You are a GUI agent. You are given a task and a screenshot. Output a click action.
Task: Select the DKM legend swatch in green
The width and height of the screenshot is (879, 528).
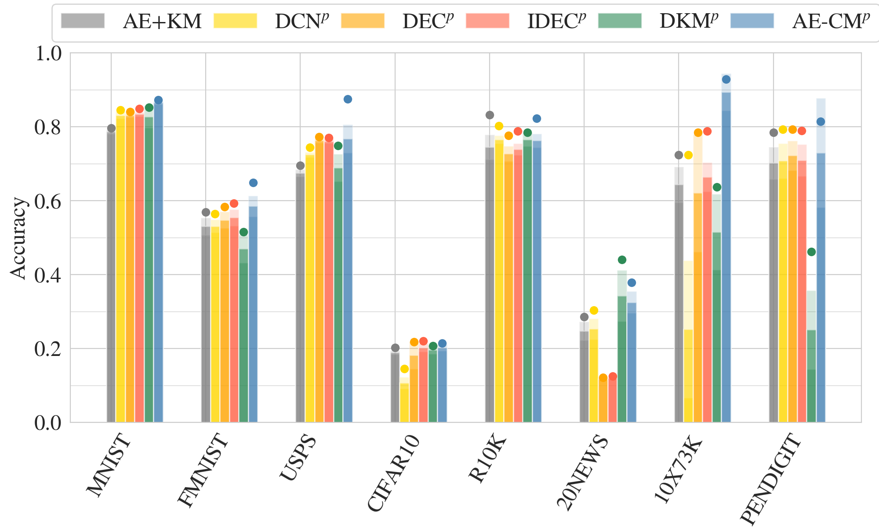point(620,21)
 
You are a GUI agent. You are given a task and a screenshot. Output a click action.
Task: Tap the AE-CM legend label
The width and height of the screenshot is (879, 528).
point(831,21)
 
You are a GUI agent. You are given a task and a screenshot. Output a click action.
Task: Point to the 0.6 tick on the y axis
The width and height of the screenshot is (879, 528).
point(48,201)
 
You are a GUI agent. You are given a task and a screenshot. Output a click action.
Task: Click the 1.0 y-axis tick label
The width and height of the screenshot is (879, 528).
point(48,53)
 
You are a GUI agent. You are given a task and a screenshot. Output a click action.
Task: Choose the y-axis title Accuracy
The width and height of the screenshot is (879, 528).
point(18,238)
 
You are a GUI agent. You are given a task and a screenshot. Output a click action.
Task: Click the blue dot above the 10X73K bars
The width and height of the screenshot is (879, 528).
point(726,79)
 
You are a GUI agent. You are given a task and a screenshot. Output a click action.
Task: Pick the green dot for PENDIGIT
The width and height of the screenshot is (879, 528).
point(811,252)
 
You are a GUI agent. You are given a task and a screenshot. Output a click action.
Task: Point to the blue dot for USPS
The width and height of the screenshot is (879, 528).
point(348,99)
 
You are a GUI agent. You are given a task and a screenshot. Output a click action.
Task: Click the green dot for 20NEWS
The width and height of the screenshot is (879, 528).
point(622,260)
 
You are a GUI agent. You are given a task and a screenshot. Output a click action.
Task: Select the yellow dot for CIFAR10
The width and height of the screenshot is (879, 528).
point(404,369)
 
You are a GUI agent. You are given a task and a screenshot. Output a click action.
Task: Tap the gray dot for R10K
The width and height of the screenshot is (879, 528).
point(490,115)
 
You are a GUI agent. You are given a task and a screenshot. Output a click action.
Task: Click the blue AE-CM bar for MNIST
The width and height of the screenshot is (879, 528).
point(159,264)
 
